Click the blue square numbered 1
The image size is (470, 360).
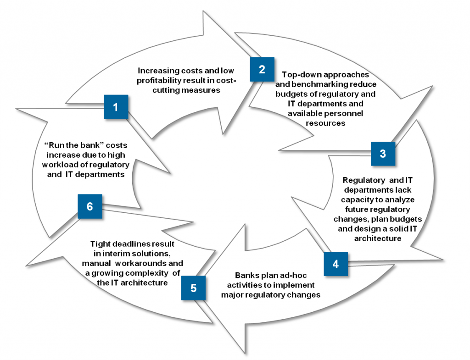pos(115,107)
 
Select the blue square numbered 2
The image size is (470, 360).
pos(262,69)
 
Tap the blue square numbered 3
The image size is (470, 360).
pos(383,154)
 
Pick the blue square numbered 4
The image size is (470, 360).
pos(336,264)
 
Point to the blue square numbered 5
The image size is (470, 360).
pos(193,288)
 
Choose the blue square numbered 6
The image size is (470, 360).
pos(90,206)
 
